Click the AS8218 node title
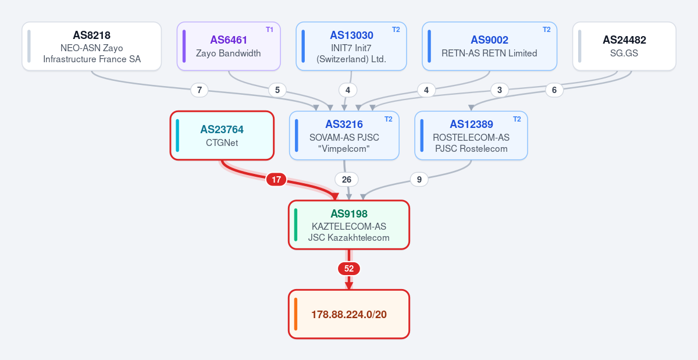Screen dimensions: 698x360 coord(92,35)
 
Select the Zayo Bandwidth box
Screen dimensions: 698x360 coord(229,46)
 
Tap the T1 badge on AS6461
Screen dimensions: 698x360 coord(269,30)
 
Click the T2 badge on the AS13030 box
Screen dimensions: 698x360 coord(396,30)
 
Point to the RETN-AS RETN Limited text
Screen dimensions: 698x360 coord(489,54)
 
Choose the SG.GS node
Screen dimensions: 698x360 coord(624,46)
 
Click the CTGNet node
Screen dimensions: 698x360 coord(222,136)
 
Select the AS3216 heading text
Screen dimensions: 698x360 coord(344,124)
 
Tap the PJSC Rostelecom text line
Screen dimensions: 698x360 coord(471,149)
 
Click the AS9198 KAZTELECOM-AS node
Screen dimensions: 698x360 coord(348,224)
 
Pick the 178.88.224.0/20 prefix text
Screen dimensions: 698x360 coord(349,315)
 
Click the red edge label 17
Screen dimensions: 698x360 coord(276,180)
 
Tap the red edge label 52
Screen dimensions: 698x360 coord(349,269)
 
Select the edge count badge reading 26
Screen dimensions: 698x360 coord(347,180)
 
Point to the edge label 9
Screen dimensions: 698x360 coord(419,180)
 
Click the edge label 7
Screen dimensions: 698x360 coord(200,90)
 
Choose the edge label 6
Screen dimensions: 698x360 coord(554,90)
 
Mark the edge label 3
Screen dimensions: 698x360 coord(500,90)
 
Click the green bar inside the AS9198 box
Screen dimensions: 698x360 coord(295,224)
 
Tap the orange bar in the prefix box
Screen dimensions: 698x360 coord(295,314)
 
